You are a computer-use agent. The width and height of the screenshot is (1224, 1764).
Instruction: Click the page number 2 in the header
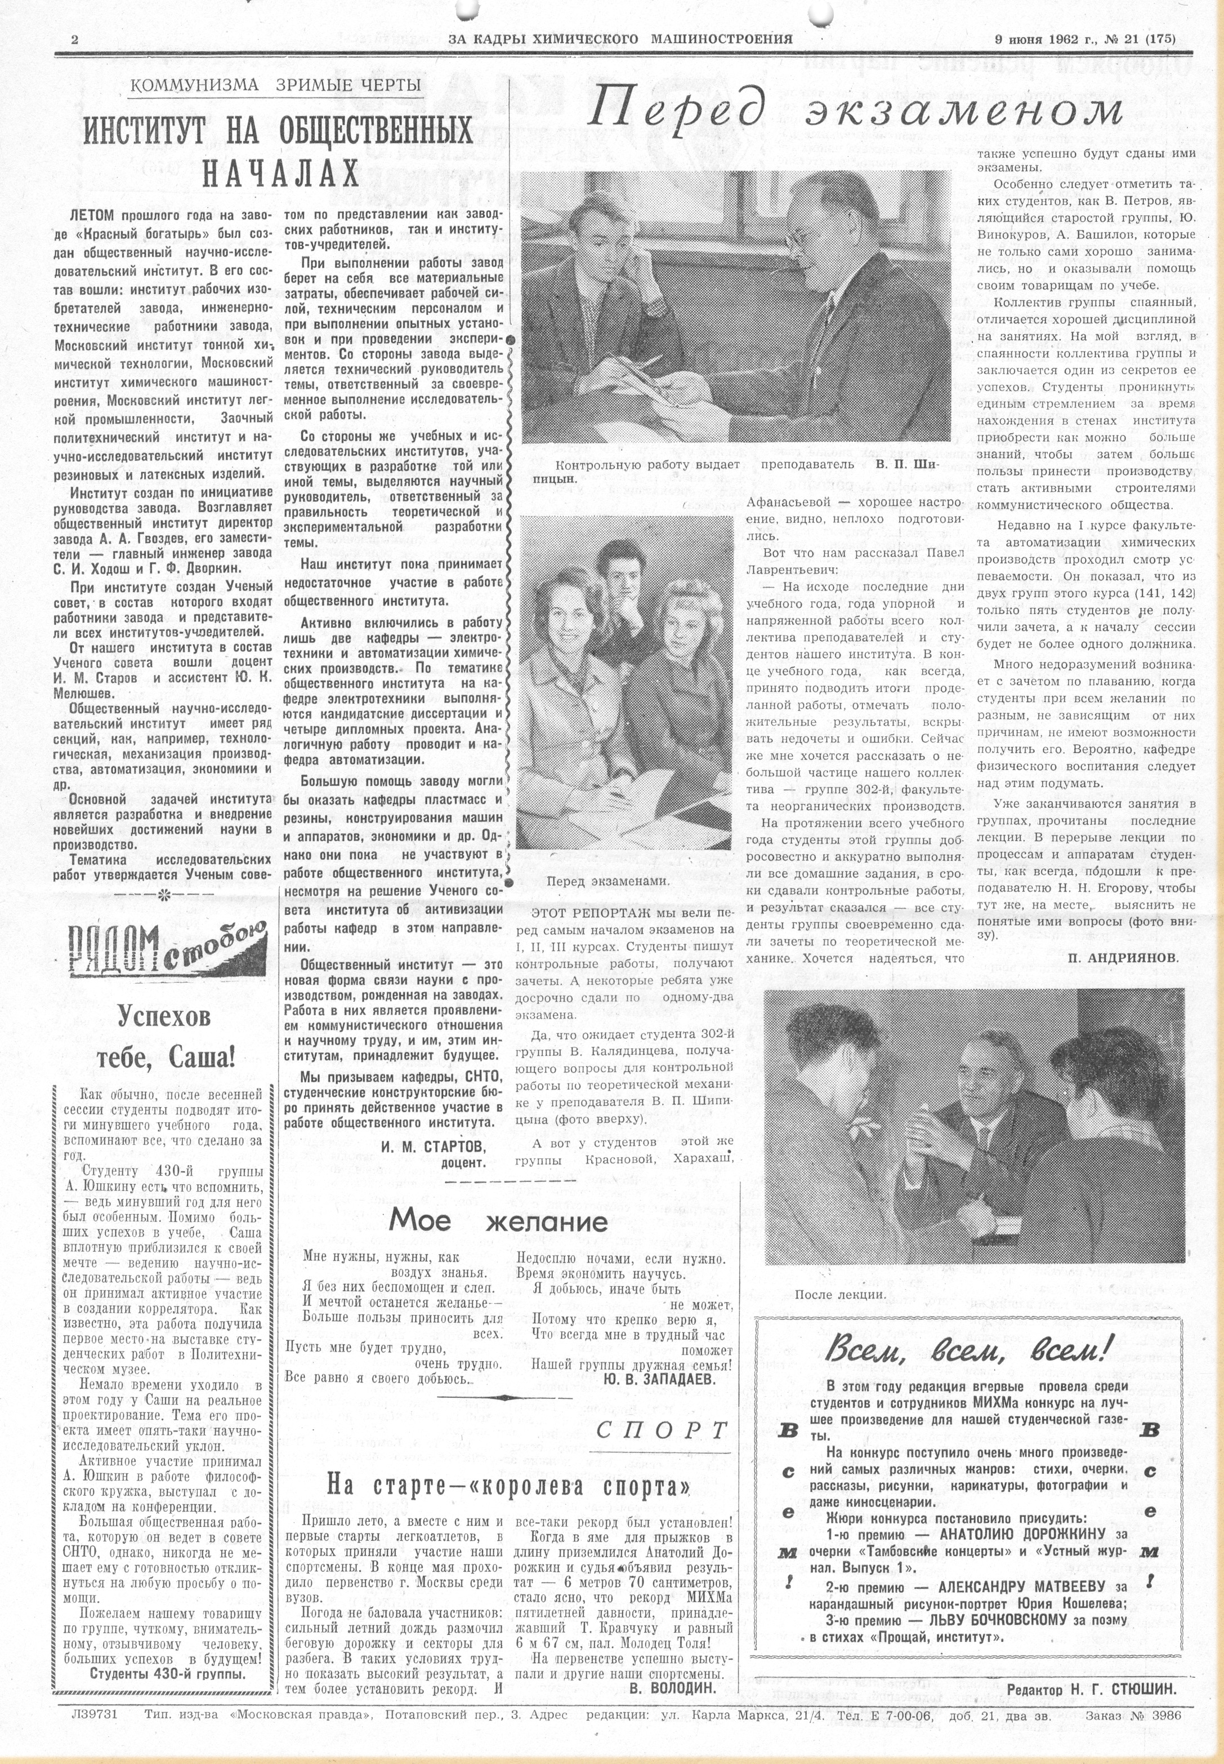pyautogui.click(x=74, y=40)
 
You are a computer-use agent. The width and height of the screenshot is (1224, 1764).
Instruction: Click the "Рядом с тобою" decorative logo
pyautogui.click(x=169, y=950)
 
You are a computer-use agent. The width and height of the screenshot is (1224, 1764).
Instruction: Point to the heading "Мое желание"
pyautogui.click(x=498, y=1220)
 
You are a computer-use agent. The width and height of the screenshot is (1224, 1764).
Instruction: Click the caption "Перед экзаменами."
pyautogui.click(x=607, y=881)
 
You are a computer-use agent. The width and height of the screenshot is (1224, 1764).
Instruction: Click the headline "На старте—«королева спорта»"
pyautogui.click(x=508, y=1485)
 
